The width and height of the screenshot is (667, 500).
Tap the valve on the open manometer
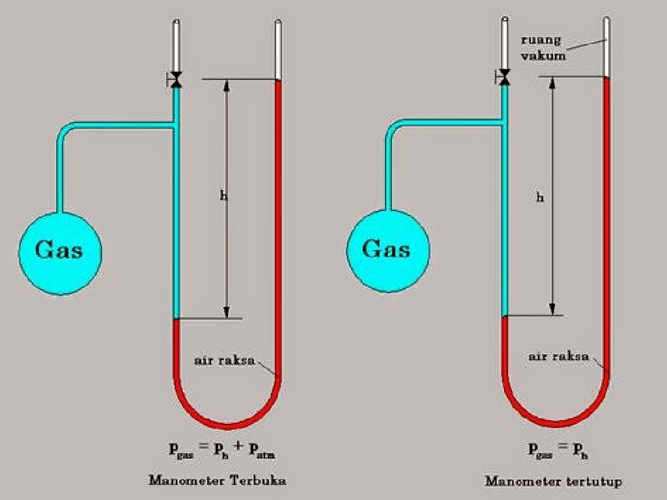coord(175,80)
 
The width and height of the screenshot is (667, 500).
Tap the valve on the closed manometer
coord(504,77)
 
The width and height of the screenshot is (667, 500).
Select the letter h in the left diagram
coord(223,195)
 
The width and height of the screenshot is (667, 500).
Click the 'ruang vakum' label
coord(543,48)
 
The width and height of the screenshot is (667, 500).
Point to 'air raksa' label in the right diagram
coord(558,357)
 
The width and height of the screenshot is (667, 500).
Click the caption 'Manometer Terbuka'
coord(218,481)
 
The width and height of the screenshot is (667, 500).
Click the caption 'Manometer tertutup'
coord(553,482)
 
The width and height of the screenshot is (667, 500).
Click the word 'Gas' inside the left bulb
coord(59,250)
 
